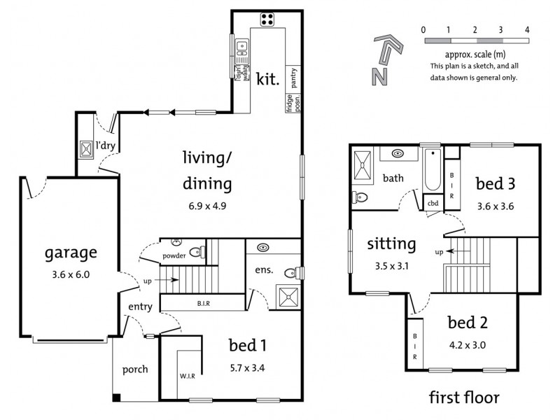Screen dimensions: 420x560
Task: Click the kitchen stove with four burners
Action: point(267,20)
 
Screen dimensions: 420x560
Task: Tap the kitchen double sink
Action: point(241,48)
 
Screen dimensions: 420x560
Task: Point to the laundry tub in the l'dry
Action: point(86,148)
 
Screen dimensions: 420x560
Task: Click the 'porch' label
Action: point(135,369)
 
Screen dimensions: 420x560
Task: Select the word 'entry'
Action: point(140,306)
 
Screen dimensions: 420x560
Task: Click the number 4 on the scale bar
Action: point(527,30)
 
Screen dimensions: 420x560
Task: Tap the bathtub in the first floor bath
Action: point(432,171)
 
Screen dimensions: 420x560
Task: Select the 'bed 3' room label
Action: point(496,184)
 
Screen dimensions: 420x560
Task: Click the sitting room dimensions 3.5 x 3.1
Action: point(391,266)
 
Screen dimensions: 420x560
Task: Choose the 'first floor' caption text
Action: point(464,398)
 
